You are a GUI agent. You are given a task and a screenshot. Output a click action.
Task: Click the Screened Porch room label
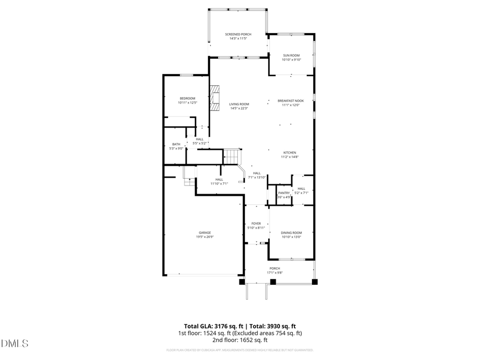tap(238, 34)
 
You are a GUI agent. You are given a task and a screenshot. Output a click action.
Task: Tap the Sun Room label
tap(291, 55)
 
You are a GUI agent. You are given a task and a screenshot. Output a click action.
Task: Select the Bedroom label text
tap(187, 98)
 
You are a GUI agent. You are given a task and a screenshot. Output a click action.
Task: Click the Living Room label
tap(239, 104)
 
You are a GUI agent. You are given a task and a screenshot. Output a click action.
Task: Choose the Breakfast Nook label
tap(291, 101)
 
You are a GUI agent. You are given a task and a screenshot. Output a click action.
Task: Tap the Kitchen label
tap(290, 153)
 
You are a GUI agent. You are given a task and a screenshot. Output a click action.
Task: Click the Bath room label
tap(176, 144)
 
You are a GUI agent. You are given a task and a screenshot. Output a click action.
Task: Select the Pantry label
tap(284, 193)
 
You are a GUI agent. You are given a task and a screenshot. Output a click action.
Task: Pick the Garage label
tap(205, 233)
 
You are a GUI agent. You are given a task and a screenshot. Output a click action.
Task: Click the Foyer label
tap(256, 223)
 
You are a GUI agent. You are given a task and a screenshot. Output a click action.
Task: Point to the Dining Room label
tap(291, 233)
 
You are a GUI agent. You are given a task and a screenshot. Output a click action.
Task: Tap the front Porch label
tap(275, 268)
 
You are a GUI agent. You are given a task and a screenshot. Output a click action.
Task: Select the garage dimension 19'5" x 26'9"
tap(205, 237)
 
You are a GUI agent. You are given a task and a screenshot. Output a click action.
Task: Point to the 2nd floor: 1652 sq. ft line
tap(239, 340)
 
